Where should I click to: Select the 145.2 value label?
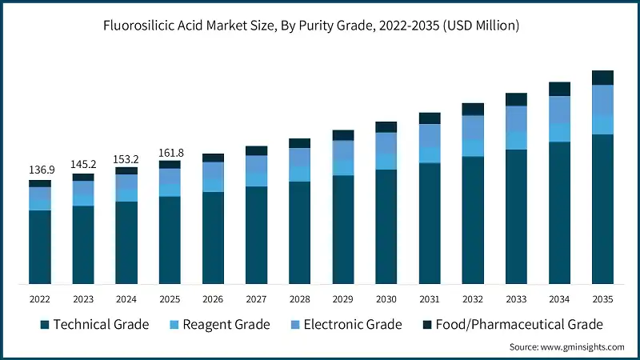(83, 164)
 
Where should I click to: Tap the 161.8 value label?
(170, 151)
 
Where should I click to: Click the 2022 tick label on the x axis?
(40, 300)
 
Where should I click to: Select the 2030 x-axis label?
(386, 300)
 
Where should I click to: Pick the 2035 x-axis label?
(602, 300)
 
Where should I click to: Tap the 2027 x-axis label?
(256, 300)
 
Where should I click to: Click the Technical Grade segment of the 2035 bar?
(602, 208)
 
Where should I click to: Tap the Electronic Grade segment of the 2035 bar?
(602, 99)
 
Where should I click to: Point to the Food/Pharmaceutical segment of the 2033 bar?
(516, 99)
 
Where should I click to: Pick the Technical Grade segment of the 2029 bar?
(343, 229)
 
